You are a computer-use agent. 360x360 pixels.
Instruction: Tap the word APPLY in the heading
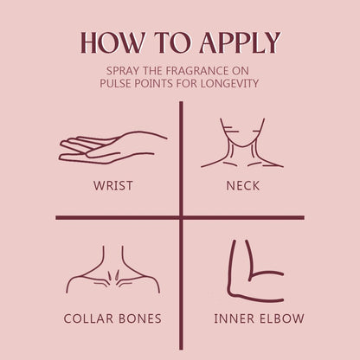(x=240, y=42)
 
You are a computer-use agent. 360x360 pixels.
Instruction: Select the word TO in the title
(x=172, y=42)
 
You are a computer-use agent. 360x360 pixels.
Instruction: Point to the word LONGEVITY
(x=229, y=84)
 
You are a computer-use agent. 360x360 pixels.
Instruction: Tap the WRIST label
(x=113, y=185)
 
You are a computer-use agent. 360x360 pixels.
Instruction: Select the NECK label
(x=243, y=185)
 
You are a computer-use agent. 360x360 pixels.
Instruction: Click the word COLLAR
(x=88, y=318)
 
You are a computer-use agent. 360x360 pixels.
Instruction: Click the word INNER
(x=235, y=318)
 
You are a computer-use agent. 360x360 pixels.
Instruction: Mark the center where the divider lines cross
(x=181, y=217)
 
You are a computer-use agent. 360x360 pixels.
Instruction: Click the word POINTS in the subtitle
(x=155, y=84)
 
